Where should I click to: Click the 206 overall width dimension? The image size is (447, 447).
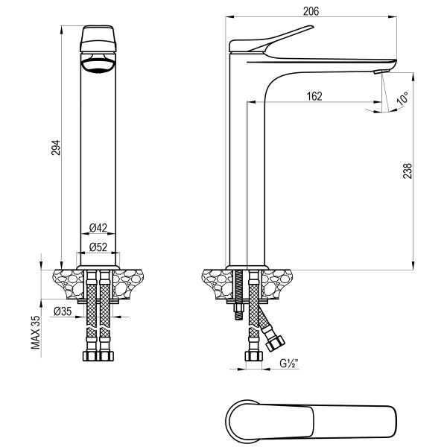(x=311, y=10)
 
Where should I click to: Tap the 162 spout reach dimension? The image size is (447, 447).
(x=314, y=95)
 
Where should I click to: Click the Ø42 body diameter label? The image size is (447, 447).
(x=98, y=227)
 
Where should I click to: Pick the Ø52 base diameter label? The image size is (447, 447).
(x=98, y=246)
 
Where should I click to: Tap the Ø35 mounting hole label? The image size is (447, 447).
(x=63, y=312)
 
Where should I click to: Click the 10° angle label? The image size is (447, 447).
(x=403, y=99)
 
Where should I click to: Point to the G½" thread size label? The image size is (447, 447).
(x=289, y=364)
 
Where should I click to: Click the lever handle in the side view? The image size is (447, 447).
(x=276, y=41)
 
